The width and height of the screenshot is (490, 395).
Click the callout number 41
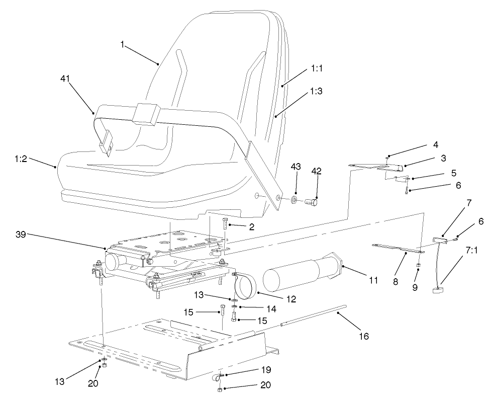click(65, 78)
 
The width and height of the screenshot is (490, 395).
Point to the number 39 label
click(21, 234)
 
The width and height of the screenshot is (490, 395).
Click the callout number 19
click(265, 370)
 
